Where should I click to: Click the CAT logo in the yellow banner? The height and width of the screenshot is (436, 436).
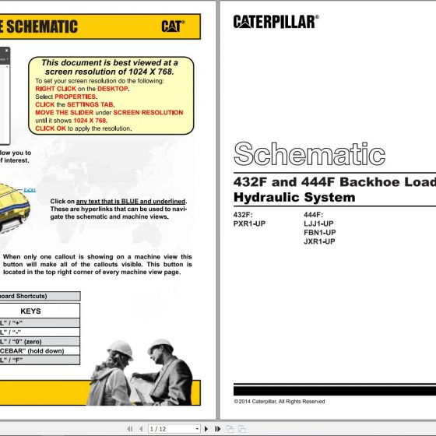[173, 26]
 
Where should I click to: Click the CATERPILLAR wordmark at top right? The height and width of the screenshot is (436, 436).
[275, 22]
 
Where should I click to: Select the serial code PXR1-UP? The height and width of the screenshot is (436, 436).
[249, 223]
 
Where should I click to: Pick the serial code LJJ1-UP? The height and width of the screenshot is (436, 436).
[319, 223]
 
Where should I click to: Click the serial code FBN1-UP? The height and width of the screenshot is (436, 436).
[319, 232]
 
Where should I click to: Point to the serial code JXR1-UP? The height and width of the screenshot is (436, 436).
[319, 241]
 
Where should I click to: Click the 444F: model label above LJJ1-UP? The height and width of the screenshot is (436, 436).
[313, 215]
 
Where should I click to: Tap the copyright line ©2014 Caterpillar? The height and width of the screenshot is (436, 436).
[280, 402]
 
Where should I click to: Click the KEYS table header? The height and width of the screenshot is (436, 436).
[30, 311]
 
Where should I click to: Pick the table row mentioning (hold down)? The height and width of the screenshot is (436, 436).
[39, 350]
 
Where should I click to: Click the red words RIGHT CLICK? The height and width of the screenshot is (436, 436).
[56, 89]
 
